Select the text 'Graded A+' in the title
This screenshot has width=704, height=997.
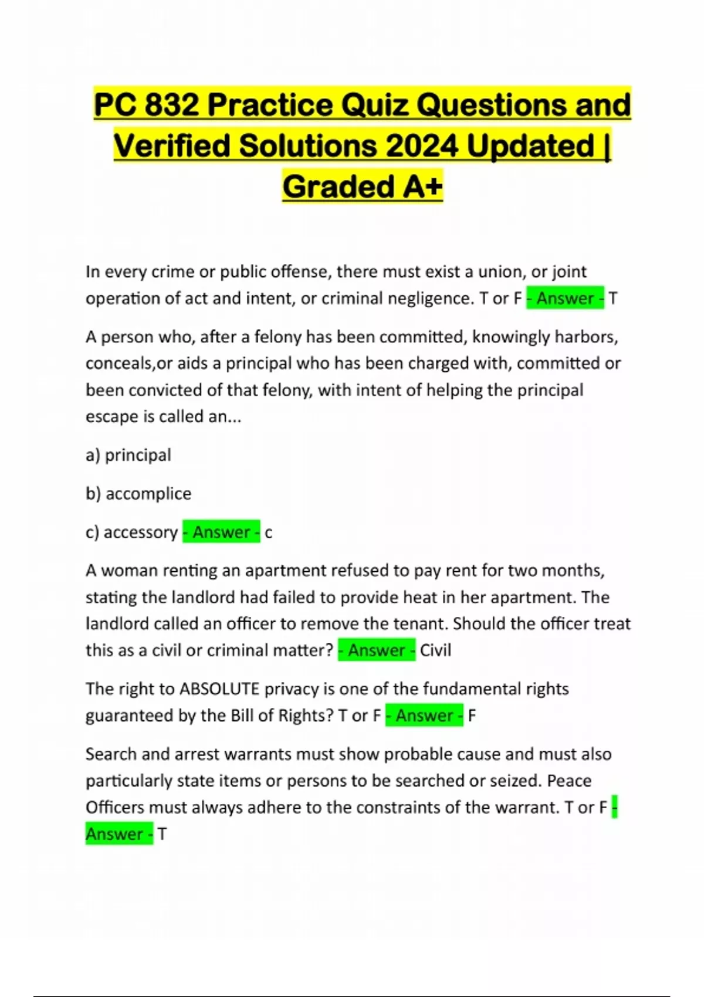362,186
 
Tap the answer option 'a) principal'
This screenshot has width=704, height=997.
128,455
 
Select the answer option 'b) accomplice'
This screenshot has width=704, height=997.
138,494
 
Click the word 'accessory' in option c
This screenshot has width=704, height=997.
140,533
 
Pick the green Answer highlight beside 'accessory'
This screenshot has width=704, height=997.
221,533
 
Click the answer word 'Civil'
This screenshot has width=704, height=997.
435,650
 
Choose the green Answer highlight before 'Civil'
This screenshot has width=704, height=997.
377,650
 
